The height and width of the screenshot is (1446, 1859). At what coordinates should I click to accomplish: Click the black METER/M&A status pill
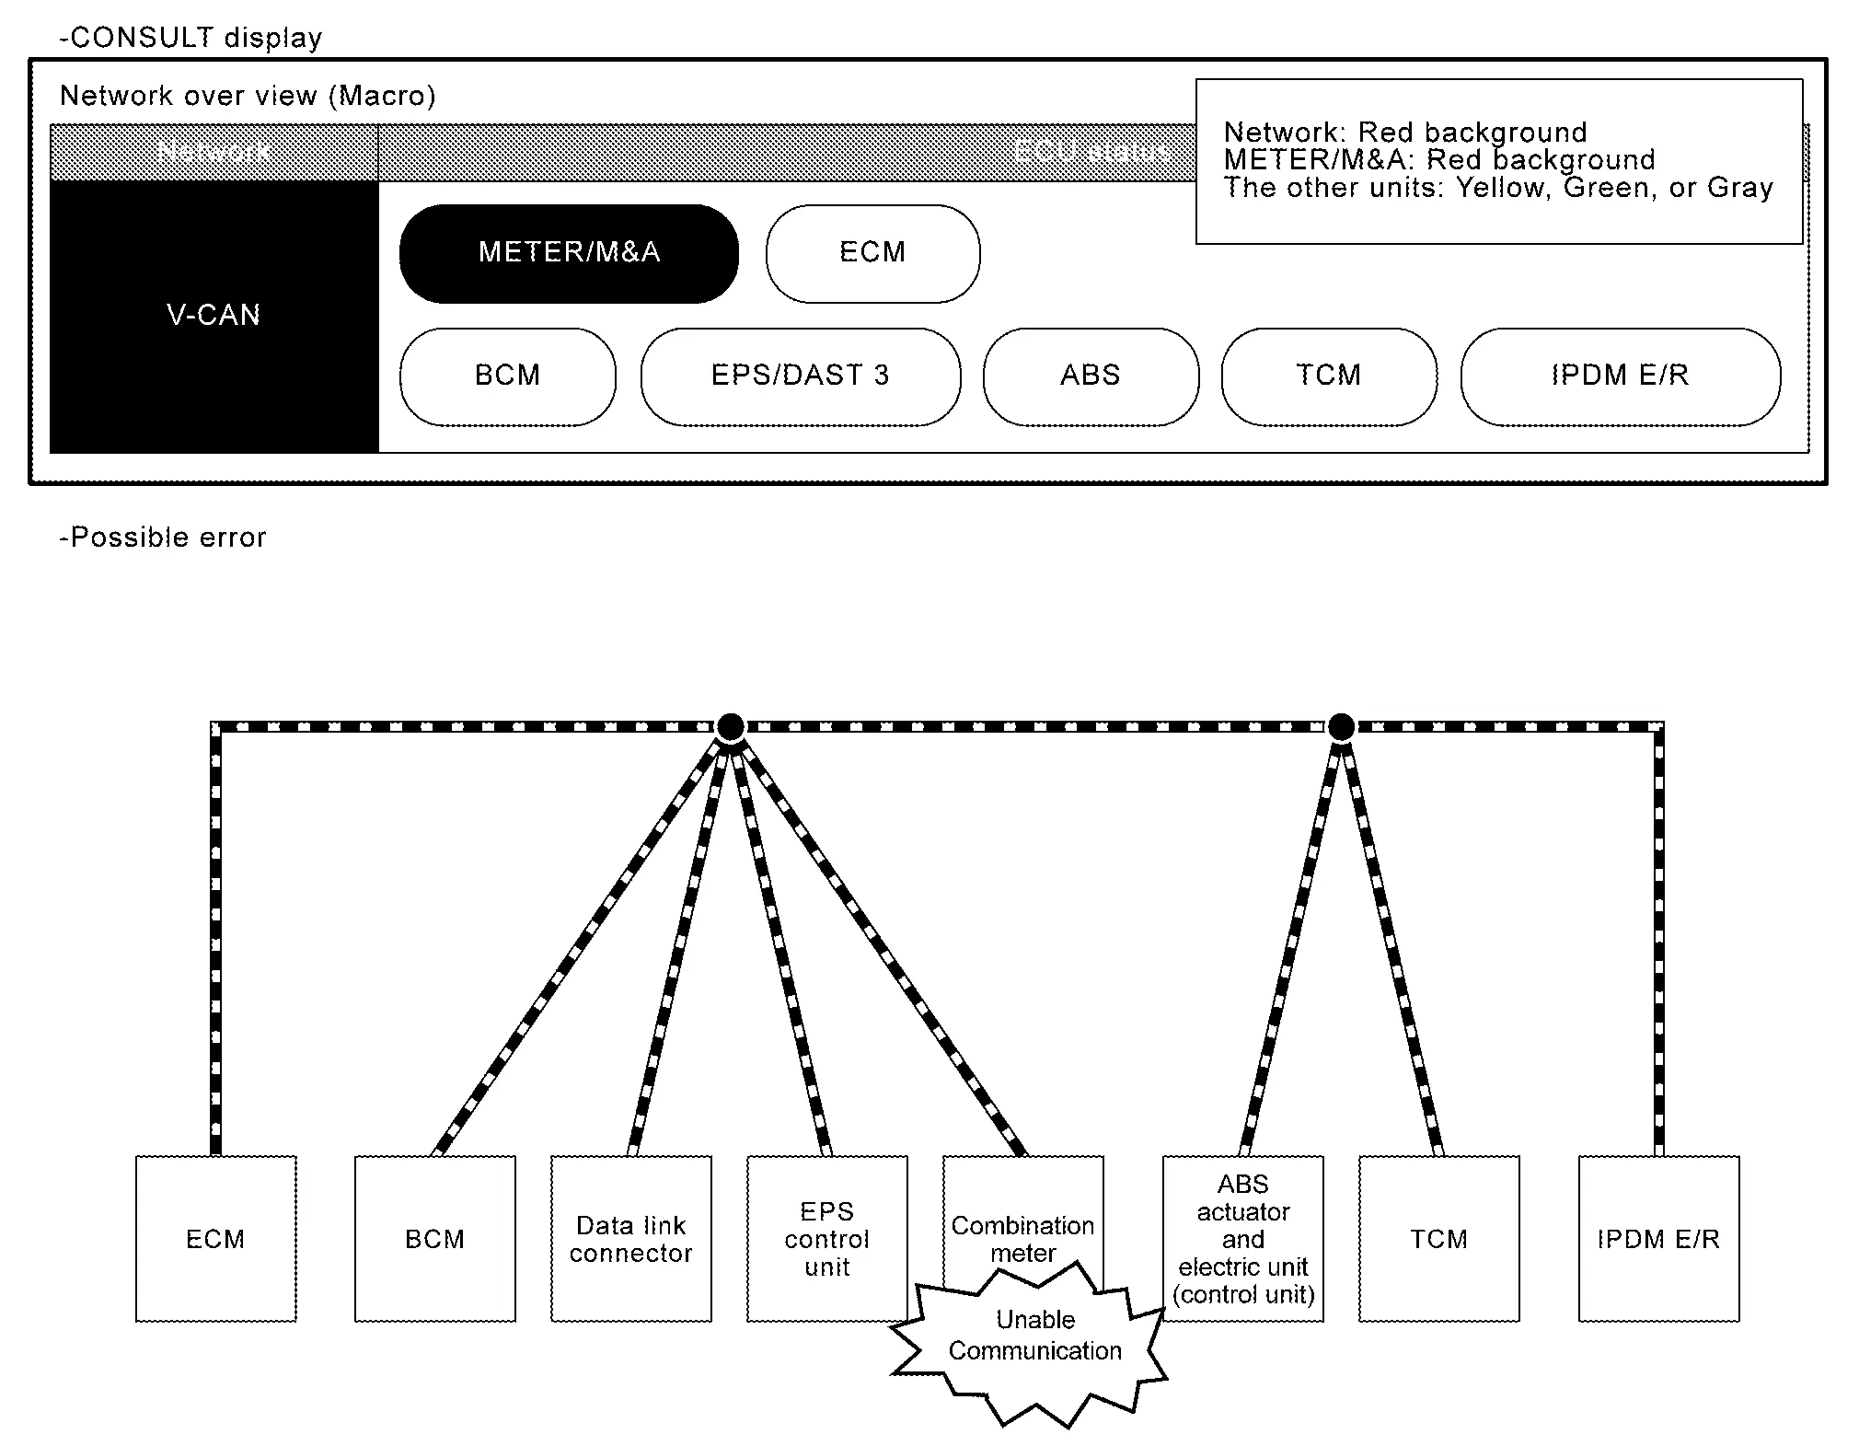tap(569, 253)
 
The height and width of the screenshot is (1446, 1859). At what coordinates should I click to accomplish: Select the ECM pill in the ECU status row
tap(872, 253)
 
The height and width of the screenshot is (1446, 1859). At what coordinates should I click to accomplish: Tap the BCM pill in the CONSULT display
tap(507, 376)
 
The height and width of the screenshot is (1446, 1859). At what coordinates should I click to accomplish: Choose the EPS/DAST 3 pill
tap(800, 376)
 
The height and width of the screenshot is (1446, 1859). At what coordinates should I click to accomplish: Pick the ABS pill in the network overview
tap(1091, 376)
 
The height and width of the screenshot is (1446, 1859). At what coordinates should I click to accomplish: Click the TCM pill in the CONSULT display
tap(1328, 376)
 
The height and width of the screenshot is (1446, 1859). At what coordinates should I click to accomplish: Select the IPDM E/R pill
tap(1620, 376)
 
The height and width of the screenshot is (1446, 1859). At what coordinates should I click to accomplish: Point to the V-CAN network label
tap(214, 316)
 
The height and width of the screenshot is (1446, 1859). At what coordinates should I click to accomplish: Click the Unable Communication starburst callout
tap(1034, 1336)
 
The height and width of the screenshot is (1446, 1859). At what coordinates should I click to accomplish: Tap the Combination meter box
tap(1022, 1215)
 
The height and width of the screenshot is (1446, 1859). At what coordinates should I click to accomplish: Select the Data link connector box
tap(631, 1239)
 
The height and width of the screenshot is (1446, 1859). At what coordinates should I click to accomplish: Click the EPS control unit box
tap(826, 1239)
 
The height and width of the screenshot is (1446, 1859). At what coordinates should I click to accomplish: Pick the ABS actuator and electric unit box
tap(1242, 1239)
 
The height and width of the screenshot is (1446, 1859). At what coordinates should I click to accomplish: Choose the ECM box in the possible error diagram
tap(215, 1239)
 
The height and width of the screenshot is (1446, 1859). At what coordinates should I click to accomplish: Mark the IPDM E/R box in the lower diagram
tap(1658, 1239)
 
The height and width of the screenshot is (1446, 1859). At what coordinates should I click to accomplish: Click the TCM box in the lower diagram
tap(1438, 1239)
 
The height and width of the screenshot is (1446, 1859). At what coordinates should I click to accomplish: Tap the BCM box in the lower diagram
tap(434, 1239)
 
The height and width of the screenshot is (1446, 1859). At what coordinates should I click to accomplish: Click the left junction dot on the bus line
tap(731, 727)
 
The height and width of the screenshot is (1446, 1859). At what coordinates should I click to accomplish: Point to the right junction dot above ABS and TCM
tap(1341, 727)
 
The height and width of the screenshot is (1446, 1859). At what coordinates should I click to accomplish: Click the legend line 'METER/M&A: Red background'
tap(1439, 160)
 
